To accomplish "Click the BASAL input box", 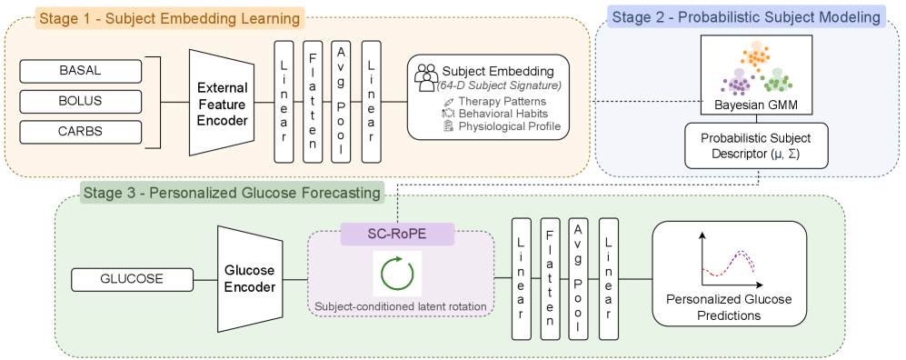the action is [80, 72].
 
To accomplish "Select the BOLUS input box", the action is [80, 101].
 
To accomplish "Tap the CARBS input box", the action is [80, 131].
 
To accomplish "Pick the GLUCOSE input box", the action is [132, 279].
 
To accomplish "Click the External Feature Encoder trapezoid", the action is [222, 103].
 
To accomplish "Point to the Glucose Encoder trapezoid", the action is [250, 280].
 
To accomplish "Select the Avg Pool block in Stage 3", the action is [578, 279].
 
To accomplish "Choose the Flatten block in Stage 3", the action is [550, 279].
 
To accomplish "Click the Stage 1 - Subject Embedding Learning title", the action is [170, 18].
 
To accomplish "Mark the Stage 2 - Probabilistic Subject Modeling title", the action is [745, 17].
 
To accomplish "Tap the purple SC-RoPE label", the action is [397, 234].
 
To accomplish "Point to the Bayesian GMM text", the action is [756, 105].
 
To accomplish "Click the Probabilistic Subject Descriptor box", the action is [756, 145].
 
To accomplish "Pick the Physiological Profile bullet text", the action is [509, 126].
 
